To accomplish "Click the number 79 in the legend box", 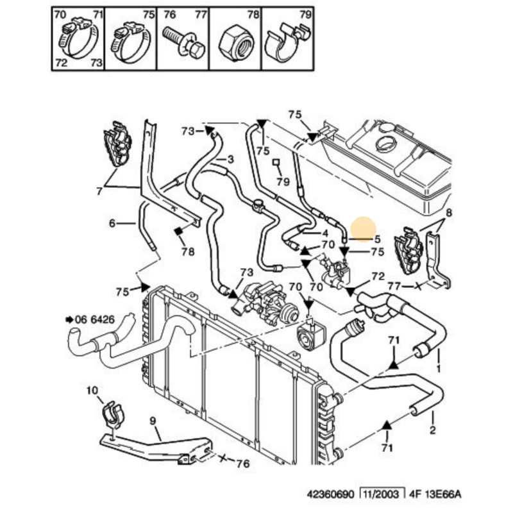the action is click(306, 14).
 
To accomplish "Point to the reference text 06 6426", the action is click(95, 319).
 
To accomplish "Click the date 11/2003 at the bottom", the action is click(382, 494).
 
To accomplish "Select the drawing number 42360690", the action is click(330, 494).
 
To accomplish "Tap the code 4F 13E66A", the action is click(435, 494).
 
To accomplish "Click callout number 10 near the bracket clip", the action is click(92, 391).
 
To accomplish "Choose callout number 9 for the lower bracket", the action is click(153, 421).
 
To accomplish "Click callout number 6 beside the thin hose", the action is click(112, 223).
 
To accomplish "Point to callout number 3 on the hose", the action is click(231, 159).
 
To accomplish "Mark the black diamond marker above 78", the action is click(179, 231).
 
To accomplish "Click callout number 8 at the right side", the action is click(448, 213).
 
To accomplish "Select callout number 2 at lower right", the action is click(433, 430).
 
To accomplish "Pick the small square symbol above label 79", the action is click(276, 162).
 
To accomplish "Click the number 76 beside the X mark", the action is click(243, 463).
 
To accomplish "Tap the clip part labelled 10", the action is click(113, 414).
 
